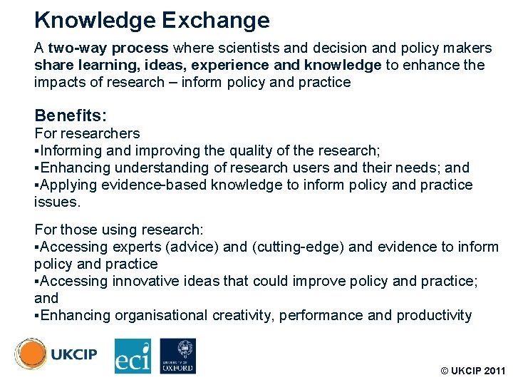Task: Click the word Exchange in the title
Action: [216, 21]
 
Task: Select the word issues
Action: [57, 202]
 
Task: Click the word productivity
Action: [434, 315]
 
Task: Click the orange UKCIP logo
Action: [56, 354]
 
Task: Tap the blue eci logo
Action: [133, 356]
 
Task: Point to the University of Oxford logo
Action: [177, 356]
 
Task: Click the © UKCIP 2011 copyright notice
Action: [472, 371]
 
